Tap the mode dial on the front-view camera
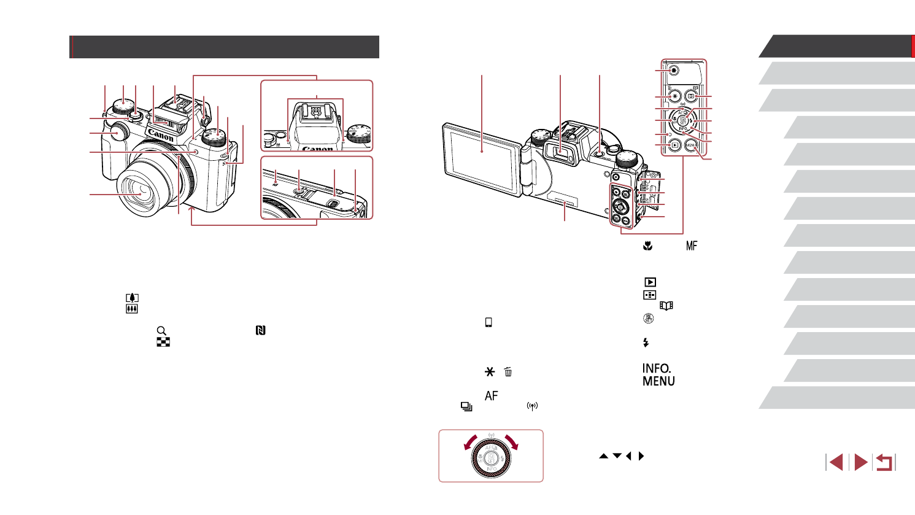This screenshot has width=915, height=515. [214, 136]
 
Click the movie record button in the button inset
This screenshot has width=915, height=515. [674, 71]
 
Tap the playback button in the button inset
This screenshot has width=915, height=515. [674, 146]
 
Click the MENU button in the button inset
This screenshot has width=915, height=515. [690, 146]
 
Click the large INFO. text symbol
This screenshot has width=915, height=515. [657, 368]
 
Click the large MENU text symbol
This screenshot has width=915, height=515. [658, 381]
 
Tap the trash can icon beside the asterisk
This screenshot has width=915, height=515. [508, 372]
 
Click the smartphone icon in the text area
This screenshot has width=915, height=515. [488, 323]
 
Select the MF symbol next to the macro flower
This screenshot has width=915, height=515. [692, 246]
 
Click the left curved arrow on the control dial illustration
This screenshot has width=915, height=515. [468, 443]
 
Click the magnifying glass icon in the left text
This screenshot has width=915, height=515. [162, 330]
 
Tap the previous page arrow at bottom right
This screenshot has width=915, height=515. [835, 462]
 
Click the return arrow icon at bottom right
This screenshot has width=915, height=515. [884, 462]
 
